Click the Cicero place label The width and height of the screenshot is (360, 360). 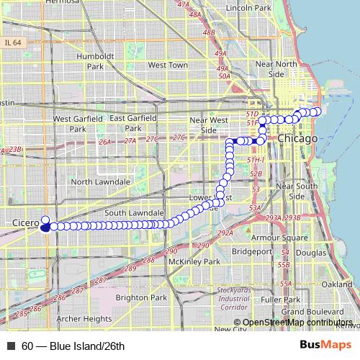(x=26, y=224)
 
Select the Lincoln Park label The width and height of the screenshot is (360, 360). (x=247, y=8)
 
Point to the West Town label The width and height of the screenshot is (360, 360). (x=167, y=65)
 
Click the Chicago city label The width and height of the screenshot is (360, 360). (x=297, y=138)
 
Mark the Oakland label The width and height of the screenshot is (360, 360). (x=337, y=285)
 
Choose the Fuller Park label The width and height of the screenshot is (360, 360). (x=280, y=299)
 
